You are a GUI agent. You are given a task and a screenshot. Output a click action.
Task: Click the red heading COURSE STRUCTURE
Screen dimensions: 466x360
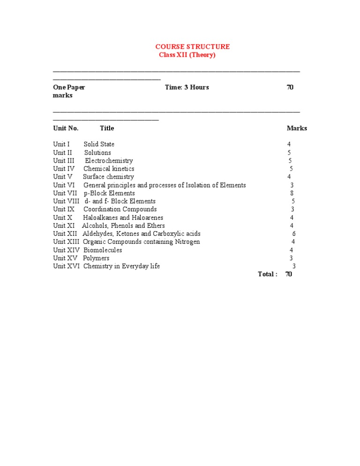click(192, 46)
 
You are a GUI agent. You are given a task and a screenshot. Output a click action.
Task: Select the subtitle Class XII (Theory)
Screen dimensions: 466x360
click(187, 55)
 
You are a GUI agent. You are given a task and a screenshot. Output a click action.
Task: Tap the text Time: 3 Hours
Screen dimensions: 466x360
click(187, 87)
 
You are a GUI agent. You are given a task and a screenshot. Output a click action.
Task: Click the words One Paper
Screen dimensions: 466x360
click(69, 87)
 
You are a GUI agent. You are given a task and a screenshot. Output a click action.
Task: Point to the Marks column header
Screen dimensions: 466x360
click(297, 128)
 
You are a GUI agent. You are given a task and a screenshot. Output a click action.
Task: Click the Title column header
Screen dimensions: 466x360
click(107, 128)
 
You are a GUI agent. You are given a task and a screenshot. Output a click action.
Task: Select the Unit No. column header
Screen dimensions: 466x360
click(66, 128)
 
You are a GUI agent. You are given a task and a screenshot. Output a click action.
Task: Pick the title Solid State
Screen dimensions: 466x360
click(99, 144)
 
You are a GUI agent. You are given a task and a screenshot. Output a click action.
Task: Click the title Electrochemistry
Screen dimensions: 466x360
click(109, 160)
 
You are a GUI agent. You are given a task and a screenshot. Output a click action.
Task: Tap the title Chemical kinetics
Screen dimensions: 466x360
click(109, 168)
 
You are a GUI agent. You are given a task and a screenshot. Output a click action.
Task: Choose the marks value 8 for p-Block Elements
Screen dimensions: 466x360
click(292, 193)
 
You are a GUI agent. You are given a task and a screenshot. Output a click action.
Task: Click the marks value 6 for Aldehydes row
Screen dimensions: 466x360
click(294, 233)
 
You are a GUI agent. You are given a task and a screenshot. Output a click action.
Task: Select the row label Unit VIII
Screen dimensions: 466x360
click(66, 201)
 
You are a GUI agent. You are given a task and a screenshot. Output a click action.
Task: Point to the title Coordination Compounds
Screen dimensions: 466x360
click(120, 209)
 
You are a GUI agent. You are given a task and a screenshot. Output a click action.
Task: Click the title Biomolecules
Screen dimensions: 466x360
click(102, 250)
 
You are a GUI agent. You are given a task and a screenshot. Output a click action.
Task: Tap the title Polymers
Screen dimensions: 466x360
click(96, 258)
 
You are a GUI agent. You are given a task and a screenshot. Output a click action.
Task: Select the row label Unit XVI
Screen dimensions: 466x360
click(66, 266)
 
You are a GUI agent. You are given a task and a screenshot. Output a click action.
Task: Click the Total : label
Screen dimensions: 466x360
click(267, 274)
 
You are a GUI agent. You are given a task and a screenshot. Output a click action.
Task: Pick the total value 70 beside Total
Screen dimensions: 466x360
click(288, 274)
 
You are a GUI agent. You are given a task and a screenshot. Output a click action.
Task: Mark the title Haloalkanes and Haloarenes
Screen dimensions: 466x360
click(123, 218)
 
